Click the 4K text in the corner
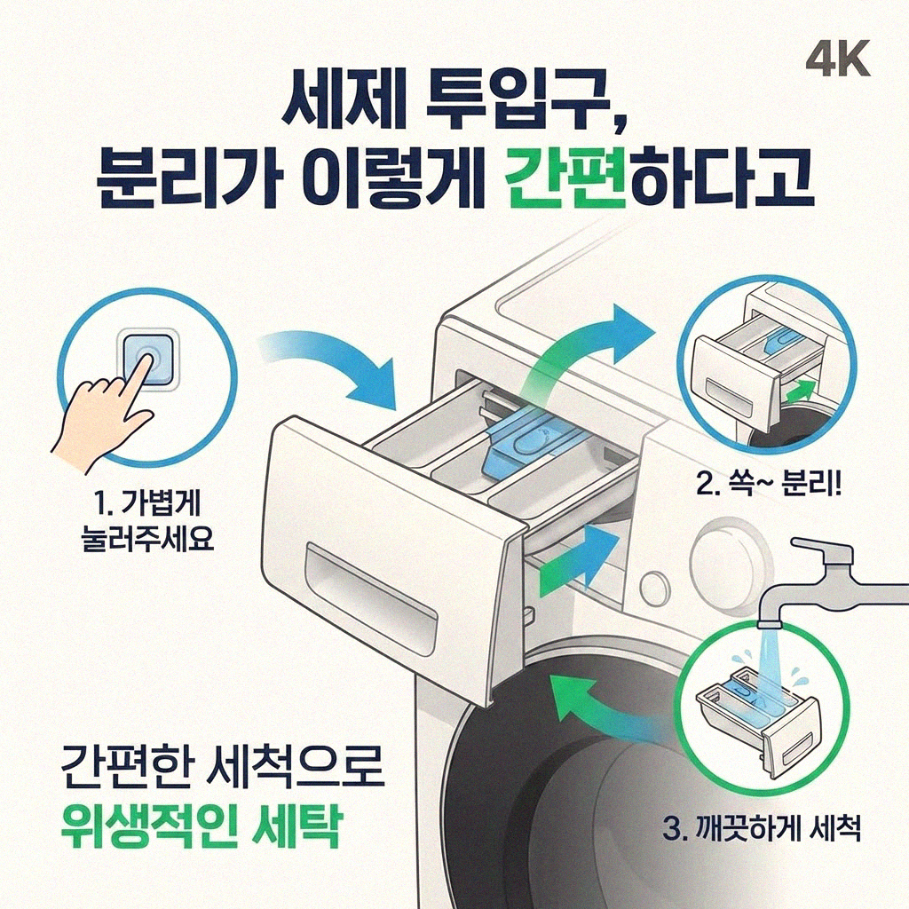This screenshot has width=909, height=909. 838,59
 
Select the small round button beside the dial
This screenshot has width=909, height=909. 653,589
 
